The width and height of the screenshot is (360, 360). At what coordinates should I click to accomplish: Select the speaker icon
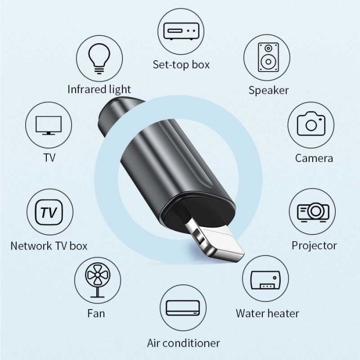pyautogui.click(x=268, y=56)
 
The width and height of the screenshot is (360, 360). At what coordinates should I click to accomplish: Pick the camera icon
pyautogui.click(x=311, y=124)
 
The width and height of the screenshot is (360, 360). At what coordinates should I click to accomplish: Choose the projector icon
pyautogui.click(x=313, y=211)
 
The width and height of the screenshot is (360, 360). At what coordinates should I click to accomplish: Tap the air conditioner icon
pyautogui.click(x=182, y=308)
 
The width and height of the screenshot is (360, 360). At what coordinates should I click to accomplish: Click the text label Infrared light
pyautogui.click(x=99, y=89)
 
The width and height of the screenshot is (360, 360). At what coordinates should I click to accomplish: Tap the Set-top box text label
pyautogui.click(x=181, y=65)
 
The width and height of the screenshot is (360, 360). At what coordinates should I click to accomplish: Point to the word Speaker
pyautogui.click(x=268, y=91)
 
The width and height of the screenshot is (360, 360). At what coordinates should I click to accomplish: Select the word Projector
pyautogui.click(x=314, y=245)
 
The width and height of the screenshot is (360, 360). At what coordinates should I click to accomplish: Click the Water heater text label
pyautogui.click(x=267, y=313)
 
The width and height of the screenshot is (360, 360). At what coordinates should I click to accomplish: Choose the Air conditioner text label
pyautogui.click(x=183, y=343)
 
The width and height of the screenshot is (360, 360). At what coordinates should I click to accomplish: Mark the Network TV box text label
pyautogui.click(x=49, y=246)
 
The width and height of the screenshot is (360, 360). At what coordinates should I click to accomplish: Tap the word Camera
pyautogui.click(x=314, y=158)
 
